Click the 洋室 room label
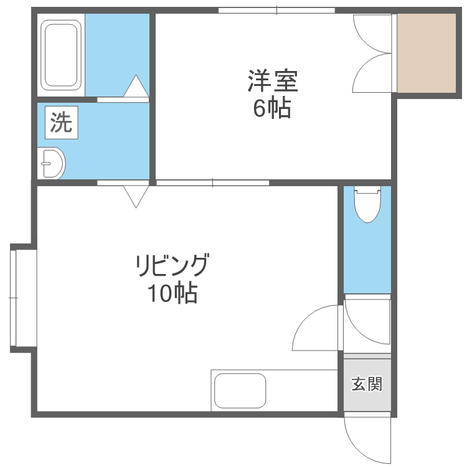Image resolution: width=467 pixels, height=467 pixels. (273, 81)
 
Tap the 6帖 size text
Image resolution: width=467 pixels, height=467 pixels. (272, 108)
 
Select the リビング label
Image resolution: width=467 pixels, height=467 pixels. (171, 266)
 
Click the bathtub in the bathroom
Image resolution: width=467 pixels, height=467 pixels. (61, 55)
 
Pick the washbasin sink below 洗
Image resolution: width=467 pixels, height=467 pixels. (51, 163)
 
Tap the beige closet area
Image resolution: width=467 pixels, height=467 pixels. (427, 53)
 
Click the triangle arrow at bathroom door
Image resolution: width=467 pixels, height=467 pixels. (136, 87)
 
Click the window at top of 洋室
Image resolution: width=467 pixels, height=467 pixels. (276, 10)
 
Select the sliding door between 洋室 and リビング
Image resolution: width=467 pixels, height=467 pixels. (212, 182)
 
